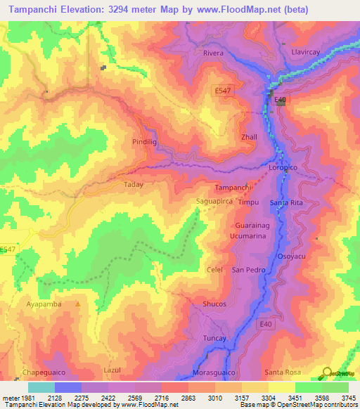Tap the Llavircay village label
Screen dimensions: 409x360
tap(306, 52)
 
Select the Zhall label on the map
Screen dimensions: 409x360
tap(250, 137)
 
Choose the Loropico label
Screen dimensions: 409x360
tap(285, 169)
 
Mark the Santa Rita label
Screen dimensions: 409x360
tap(286, 203)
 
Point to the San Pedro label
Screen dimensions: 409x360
tap(248, 270)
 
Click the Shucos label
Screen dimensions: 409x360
tap(214, 304)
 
